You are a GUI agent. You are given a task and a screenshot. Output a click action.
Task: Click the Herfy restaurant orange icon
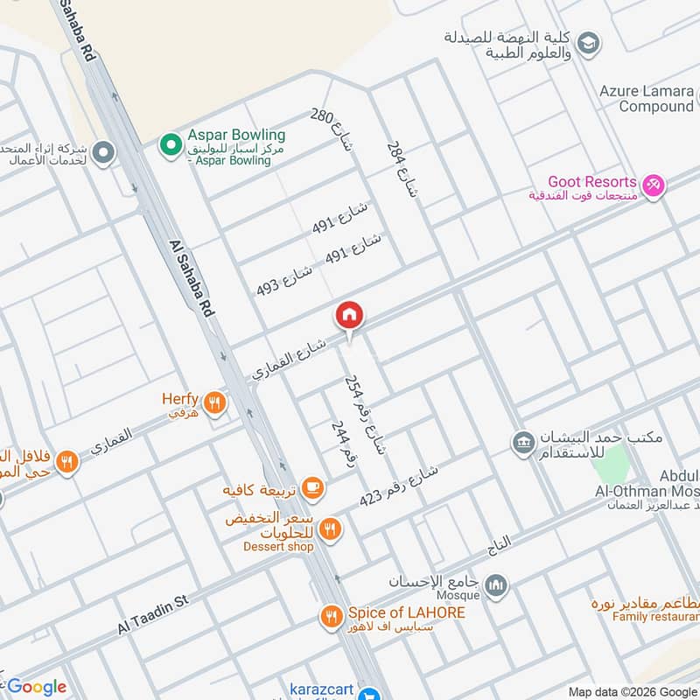(x=215, y=403)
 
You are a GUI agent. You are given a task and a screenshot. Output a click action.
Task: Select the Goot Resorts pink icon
(x=652, y=185)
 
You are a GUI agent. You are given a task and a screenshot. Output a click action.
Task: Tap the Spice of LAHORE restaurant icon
(x=331, y=617)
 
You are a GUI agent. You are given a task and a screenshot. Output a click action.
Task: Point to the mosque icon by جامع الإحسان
(x=496, y=584)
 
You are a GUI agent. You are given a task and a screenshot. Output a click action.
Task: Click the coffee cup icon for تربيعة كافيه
(x=312, y=487)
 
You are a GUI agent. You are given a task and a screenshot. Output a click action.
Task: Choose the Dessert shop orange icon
(x=330, y=528)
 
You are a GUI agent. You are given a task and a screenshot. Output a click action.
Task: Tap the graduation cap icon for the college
(x=589, y=42)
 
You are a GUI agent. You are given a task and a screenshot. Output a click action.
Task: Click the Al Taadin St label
(x=154, y=616)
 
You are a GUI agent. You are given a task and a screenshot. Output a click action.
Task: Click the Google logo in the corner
(x=36, y=687)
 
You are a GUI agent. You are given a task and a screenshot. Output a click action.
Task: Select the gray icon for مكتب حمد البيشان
(x=523, y=443)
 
